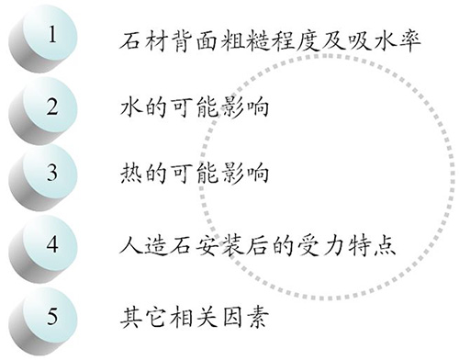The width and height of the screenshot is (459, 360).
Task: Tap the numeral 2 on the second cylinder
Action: (52, 105)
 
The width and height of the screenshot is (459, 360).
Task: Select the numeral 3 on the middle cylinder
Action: (52, 174)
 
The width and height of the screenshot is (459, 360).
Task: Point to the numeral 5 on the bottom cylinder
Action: (52, 316)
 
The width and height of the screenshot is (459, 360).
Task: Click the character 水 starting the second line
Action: (132, 105)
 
